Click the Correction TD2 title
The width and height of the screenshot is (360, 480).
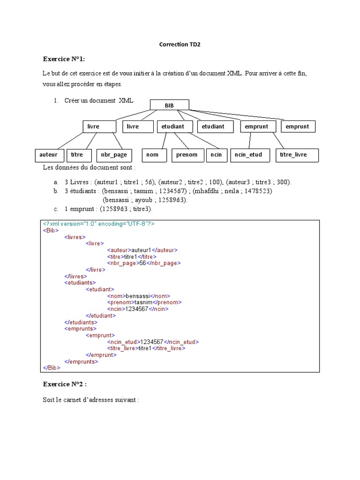click(x=180, y=45)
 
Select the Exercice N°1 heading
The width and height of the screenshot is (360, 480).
click(x=64, y=59)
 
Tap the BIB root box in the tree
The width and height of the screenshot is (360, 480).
click(x=169, y=105)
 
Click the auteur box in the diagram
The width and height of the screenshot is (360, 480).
click(x=48, y=155)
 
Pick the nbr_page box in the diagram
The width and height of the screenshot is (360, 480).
click(x=114, y=155)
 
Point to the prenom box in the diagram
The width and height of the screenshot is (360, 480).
click(x=187, y=155)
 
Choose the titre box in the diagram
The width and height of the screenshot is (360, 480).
click(x=77, y=155)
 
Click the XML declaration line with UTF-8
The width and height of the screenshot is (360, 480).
click(x=98, y=224)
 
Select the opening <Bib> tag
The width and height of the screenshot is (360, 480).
click(x=51, y=231)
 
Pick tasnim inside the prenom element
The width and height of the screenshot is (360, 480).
click(x=143, y=303)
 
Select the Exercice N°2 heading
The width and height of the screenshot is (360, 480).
click(x=65, y=384)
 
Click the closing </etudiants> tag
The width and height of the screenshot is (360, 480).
click(x=81, y=322)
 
